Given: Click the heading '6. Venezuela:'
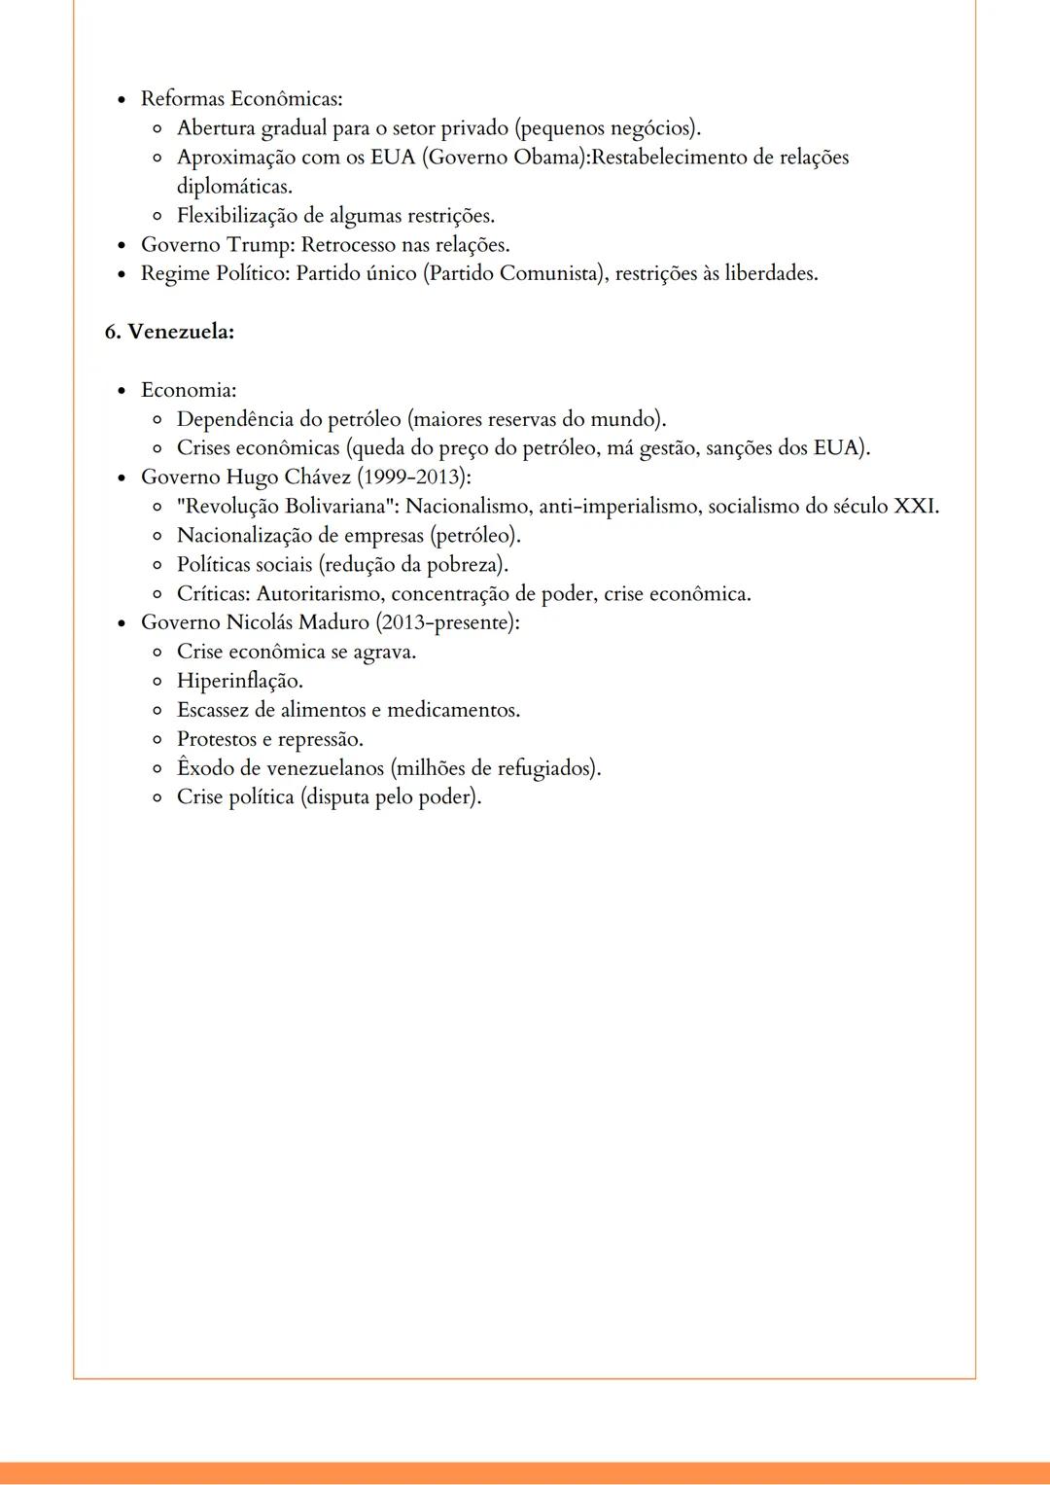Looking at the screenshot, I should [x=169, y=332].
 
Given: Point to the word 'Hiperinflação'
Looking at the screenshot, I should [x=238, y=681].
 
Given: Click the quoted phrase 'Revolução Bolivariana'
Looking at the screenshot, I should [x=289, y=507].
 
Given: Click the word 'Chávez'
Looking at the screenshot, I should [x=317, y=477].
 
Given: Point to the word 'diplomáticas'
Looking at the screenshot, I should [x=233, y=187].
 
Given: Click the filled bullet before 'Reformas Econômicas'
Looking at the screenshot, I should [x=122, y=100].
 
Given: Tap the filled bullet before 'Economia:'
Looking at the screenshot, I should [x=122, y=391].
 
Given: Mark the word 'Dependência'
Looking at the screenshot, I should [x=234, y=420].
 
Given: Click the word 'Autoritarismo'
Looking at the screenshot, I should [x=319, y=594].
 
